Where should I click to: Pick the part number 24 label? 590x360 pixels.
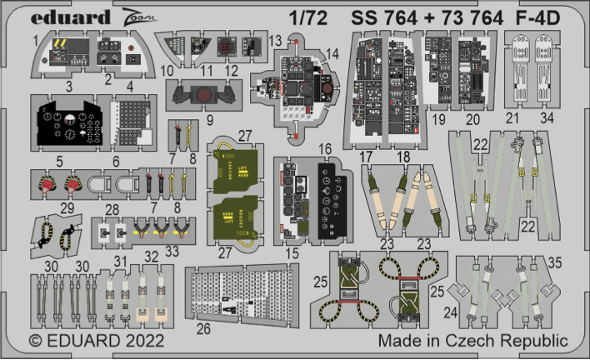(x=452, y=313)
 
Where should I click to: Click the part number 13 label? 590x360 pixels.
(x=276, y=40)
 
